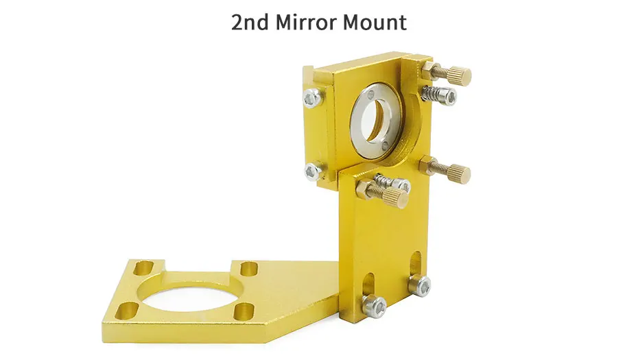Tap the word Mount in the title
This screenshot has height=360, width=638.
375,23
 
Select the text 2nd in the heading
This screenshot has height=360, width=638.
250,23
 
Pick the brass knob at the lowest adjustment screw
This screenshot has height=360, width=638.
396,197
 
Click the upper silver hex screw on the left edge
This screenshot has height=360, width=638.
311,98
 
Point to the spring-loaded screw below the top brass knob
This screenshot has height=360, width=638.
440,95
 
